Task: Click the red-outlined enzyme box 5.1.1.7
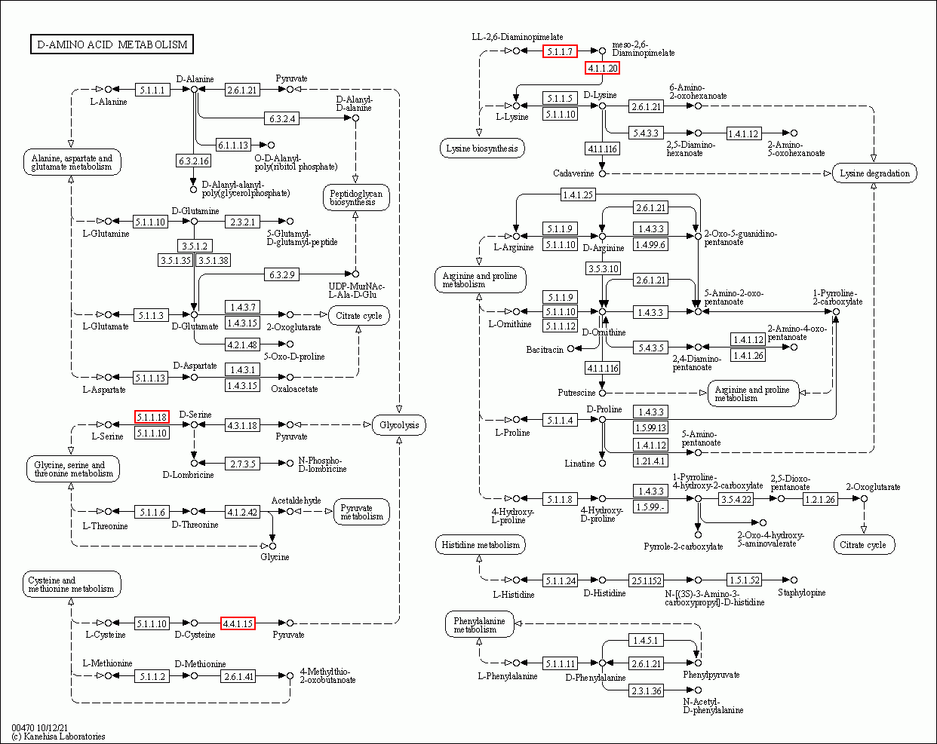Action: (560, 51)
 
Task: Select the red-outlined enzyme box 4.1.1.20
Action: (602, 69)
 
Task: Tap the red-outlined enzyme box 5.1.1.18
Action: (152, 417)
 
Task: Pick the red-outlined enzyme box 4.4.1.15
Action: (238, 623)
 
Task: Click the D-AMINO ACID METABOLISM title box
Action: (112, 44)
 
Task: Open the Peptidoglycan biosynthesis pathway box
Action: (356, 197)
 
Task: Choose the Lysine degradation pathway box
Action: (874, 173)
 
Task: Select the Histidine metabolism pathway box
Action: (481, 545)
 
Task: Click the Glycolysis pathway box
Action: (399, 425)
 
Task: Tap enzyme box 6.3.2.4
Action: (281, 118)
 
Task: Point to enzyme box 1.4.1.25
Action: (578, 194)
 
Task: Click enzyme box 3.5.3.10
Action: (603, 268)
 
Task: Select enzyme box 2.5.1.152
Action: (646, 580)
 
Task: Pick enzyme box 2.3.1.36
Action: (646, 690)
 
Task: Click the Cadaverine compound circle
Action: (602, 173)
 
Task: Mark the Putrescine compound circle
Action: (602, 393)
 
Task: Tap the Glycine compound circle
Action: (272, 546)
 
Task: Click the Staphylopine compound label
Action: (802, 592)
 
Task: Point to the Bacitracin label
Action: (545, 349)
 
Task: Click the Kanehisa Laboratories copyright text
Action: (58, 736)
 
